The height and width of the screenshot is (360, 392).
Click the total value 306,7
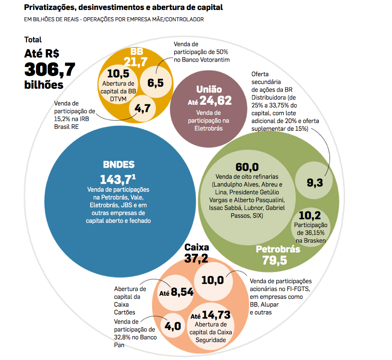(x=50, y=70)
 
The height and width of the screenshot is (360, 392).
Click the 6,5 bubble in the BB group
(x=156, y=82)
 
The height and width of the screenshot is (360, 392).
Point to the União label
(x=209, y=89)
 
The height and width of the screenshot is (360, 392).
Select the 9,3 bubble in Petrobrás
(x=315, y=182)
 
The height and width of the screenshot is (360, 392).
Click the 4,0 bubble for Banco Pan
(x=173, y=326)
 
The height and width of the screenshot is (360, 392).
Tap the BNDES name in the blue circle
(x=118, y=165)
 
